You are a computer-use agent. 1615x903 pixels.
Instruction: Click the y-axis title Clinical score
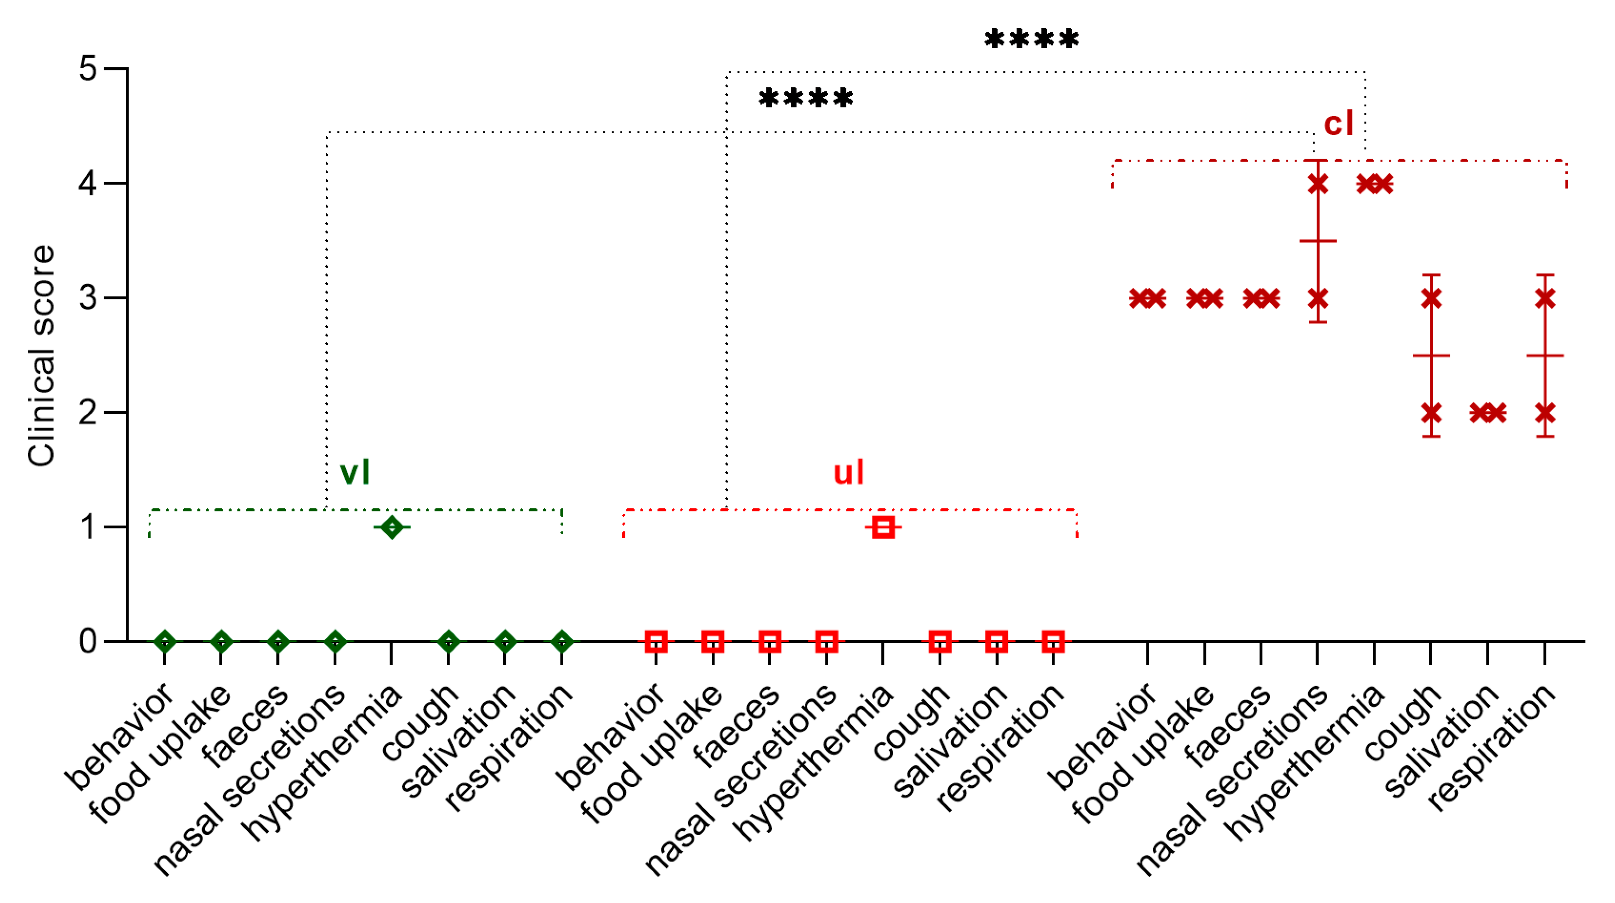(x=41, y=356)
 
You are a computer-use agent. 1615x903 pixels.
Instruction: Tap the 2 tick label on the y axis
(x=88, y=412)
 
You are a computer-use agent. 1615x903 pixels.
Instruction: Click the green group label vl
(x=355, y=472)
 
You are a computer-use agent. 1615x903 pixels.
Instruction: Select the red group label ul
(x=848, y=472)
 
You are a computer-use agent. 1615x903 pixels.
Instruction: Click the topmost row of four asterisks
(x=1031, y=40)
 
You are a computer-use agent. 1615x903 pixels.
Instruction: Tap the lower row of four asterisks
(x=805, y=99)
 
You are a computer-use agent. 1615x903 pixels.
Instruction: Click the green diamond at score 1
(x=392, y=527)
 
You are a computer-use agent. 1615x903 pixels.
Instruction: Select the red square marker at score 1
(x=883, y=527)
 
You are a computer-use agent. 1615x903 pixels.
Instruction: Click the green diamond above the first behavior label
(x=165, y=642)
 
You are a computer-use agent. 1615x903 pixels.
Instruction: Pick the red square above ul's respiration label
(x=1053, y=642)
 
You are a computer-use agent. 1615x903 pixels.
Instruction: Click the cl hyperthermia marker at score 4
(x=1374, y=184)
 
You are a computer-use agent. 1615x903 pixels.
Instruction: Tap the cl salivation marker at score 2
(x=1488, y=412)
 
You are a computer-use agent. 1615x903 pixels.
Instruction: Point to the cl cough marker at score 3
(x=1431, y=298)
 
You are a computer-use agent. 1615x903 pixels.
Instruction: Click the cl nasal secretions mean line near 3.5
(x=1318, y=241)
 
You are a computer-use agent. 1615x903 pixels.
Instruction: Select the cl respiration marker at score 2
(x=1545, y=412)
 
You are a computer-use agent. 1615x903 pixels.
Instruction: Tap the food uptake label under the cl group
(x=1144, y=752)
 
